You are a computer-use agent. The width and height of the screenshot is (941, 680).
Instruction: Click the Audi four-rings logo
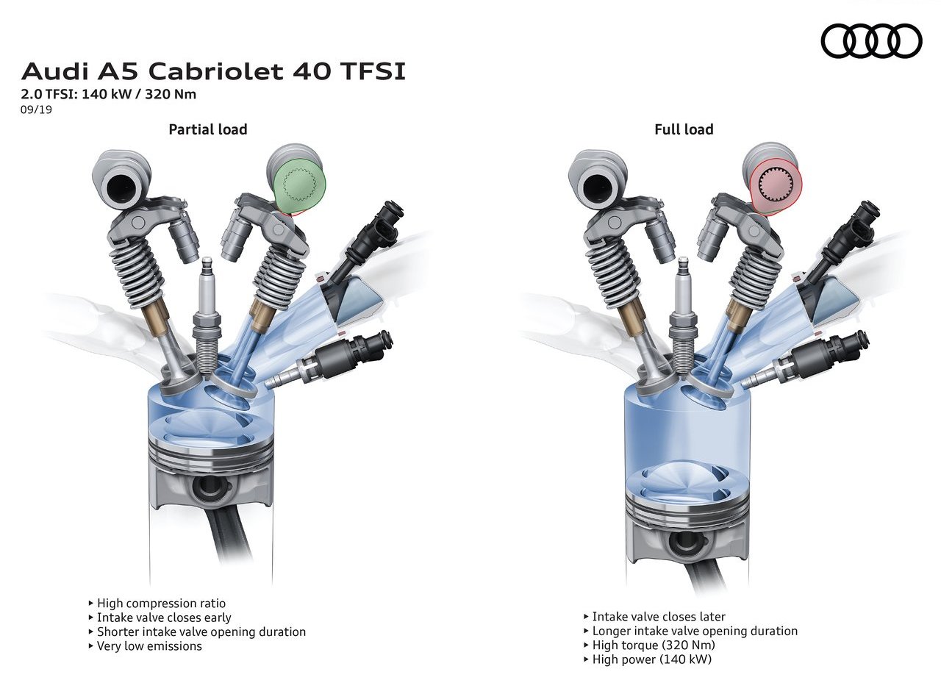pyautogui.click(x=872, y=40)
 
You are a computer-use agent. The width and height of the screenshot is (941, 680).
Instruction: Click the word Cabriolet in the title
pyautogui.click(x=216, y=71)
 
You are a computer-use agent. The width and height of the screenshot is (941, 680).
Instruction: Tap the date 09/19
pyautogui.click(x=36, y=110)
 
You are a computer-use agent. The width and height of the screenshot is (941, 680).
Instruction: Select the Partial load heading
pyautogui.click(x=208, y=129)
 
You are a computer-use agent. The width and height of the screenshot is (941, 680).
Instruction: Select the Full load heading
pyautogui.click(x=684, y=129)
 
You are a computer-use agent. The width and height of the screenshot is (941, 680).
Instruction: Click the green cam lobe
pyautogui.click(x=299, y=186)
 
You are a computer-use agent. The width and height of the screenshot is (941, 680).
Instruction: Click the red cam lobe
pyautogui.click(x=776, y=187)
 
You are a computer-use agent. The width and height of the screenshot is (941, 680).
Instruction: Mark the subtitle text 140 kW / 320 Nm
pyautogui.click(x=139, y=93)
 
